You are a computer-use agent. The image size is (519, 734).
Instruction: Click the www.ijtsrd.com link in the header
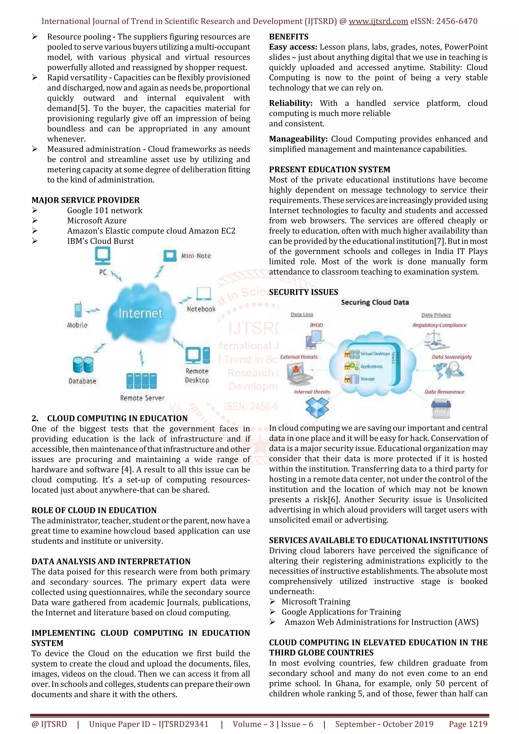378,22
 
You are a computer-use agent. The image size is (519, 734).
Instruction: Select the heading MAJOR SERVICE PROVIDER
85,200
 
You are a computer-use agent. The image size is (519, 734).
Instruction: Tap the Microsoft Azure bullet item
97,221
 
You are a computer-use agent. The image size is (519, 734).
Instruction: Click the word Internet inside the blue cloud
140,313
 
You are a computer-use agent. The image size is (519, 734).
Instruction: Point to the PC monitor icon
103,256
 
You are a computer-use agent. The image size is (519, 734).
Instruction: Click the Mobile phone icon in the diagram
78,310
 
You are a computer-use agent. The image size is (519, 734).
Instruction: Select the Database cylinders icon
83,365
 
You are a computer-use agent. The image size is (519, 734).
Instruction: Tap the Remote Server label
142,398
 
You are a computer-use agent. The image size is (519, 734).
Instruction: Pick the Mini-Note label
196,256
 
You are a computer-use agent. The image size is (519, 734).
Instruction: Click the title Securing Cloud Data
375,302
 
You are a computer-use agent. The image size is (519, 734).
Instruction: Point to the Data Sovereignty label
452,357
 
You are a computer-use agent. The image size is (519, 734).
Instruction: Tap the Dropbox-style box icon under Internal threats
317,407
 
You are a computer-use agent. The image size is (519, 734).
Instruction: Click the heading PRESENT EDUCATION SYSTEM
329,169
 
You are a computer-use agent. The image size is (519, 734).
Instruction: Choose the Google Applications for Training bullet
341,612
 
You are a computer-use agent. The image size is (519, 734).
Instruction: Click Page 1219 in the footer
468,724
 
